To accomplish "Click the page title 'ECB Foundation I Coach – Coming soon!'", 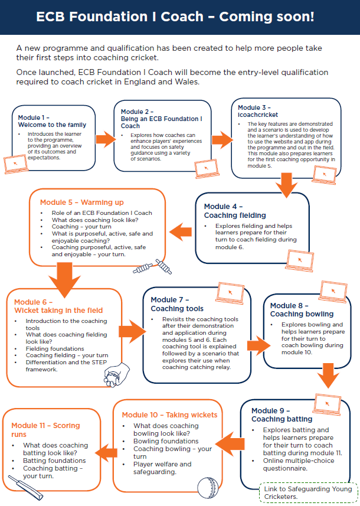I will click(179, 17).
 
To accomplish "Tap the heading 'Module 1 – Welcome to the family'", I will click(52, 121).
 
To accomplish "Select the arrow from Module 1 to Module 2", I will click(104, 140).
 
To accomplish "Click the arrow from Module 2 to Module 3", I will click(221, 140).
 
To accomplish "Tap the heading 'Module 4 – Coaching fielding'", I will click(235, 211).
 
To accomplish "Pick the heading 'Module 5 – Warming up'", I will click(81, 203).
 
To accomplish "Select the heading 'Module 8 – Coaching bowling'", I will click(302, 309).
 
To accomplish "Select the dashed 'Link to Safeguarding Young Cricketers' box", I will click(308, 492).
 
